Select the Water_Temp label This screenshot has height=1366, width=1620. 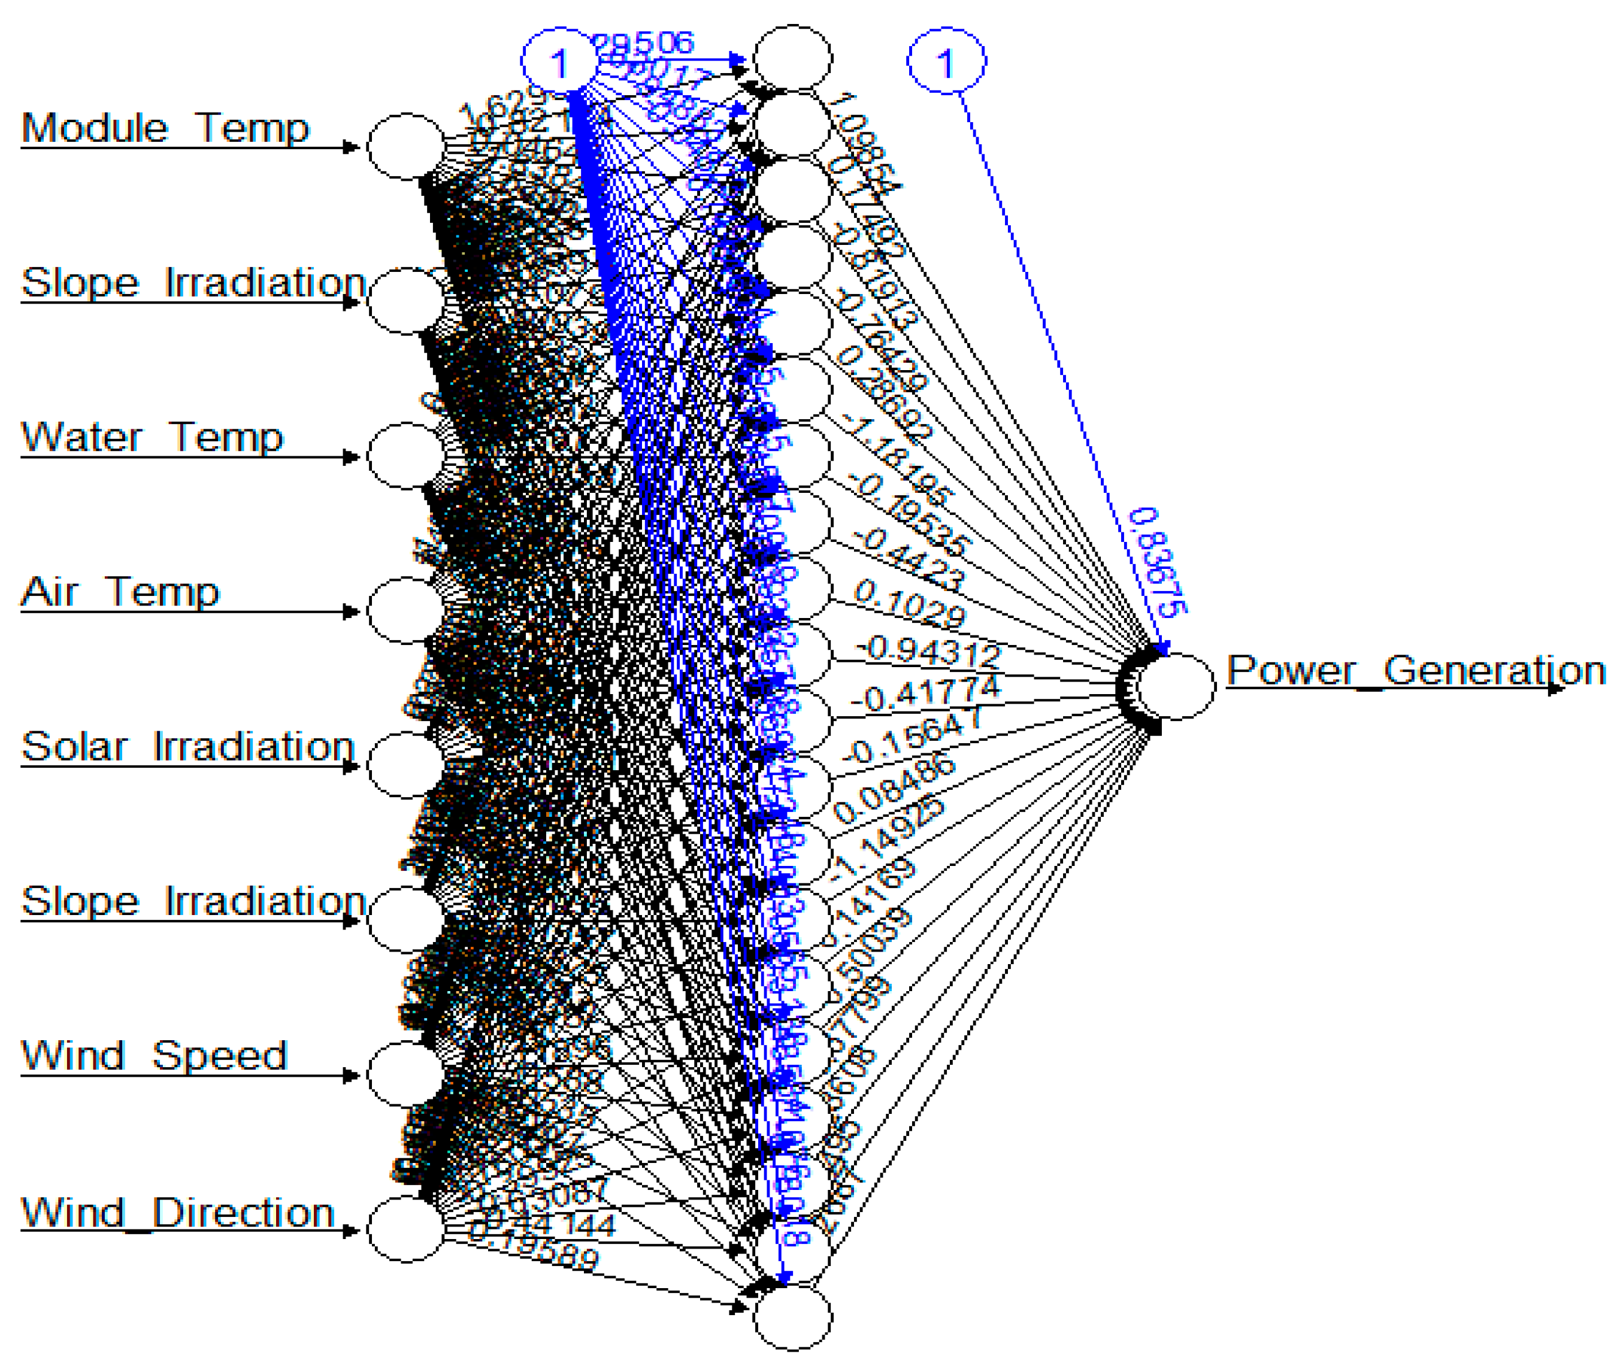tap(152, 438)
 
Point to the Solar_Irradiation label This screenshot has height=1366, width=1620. tap(187, 747)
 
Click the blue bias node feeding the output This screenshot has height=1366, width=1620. tap(946, 61)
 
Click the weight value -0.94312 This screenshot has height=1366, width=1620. tap(928, 652)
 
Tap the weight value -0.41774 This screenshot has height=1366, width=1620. tap(925, 694)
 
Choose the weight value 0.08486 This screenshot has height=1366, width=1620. tap(893, 789)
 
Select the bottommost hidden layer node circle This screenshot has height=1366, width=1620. tap(793, 1317)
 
